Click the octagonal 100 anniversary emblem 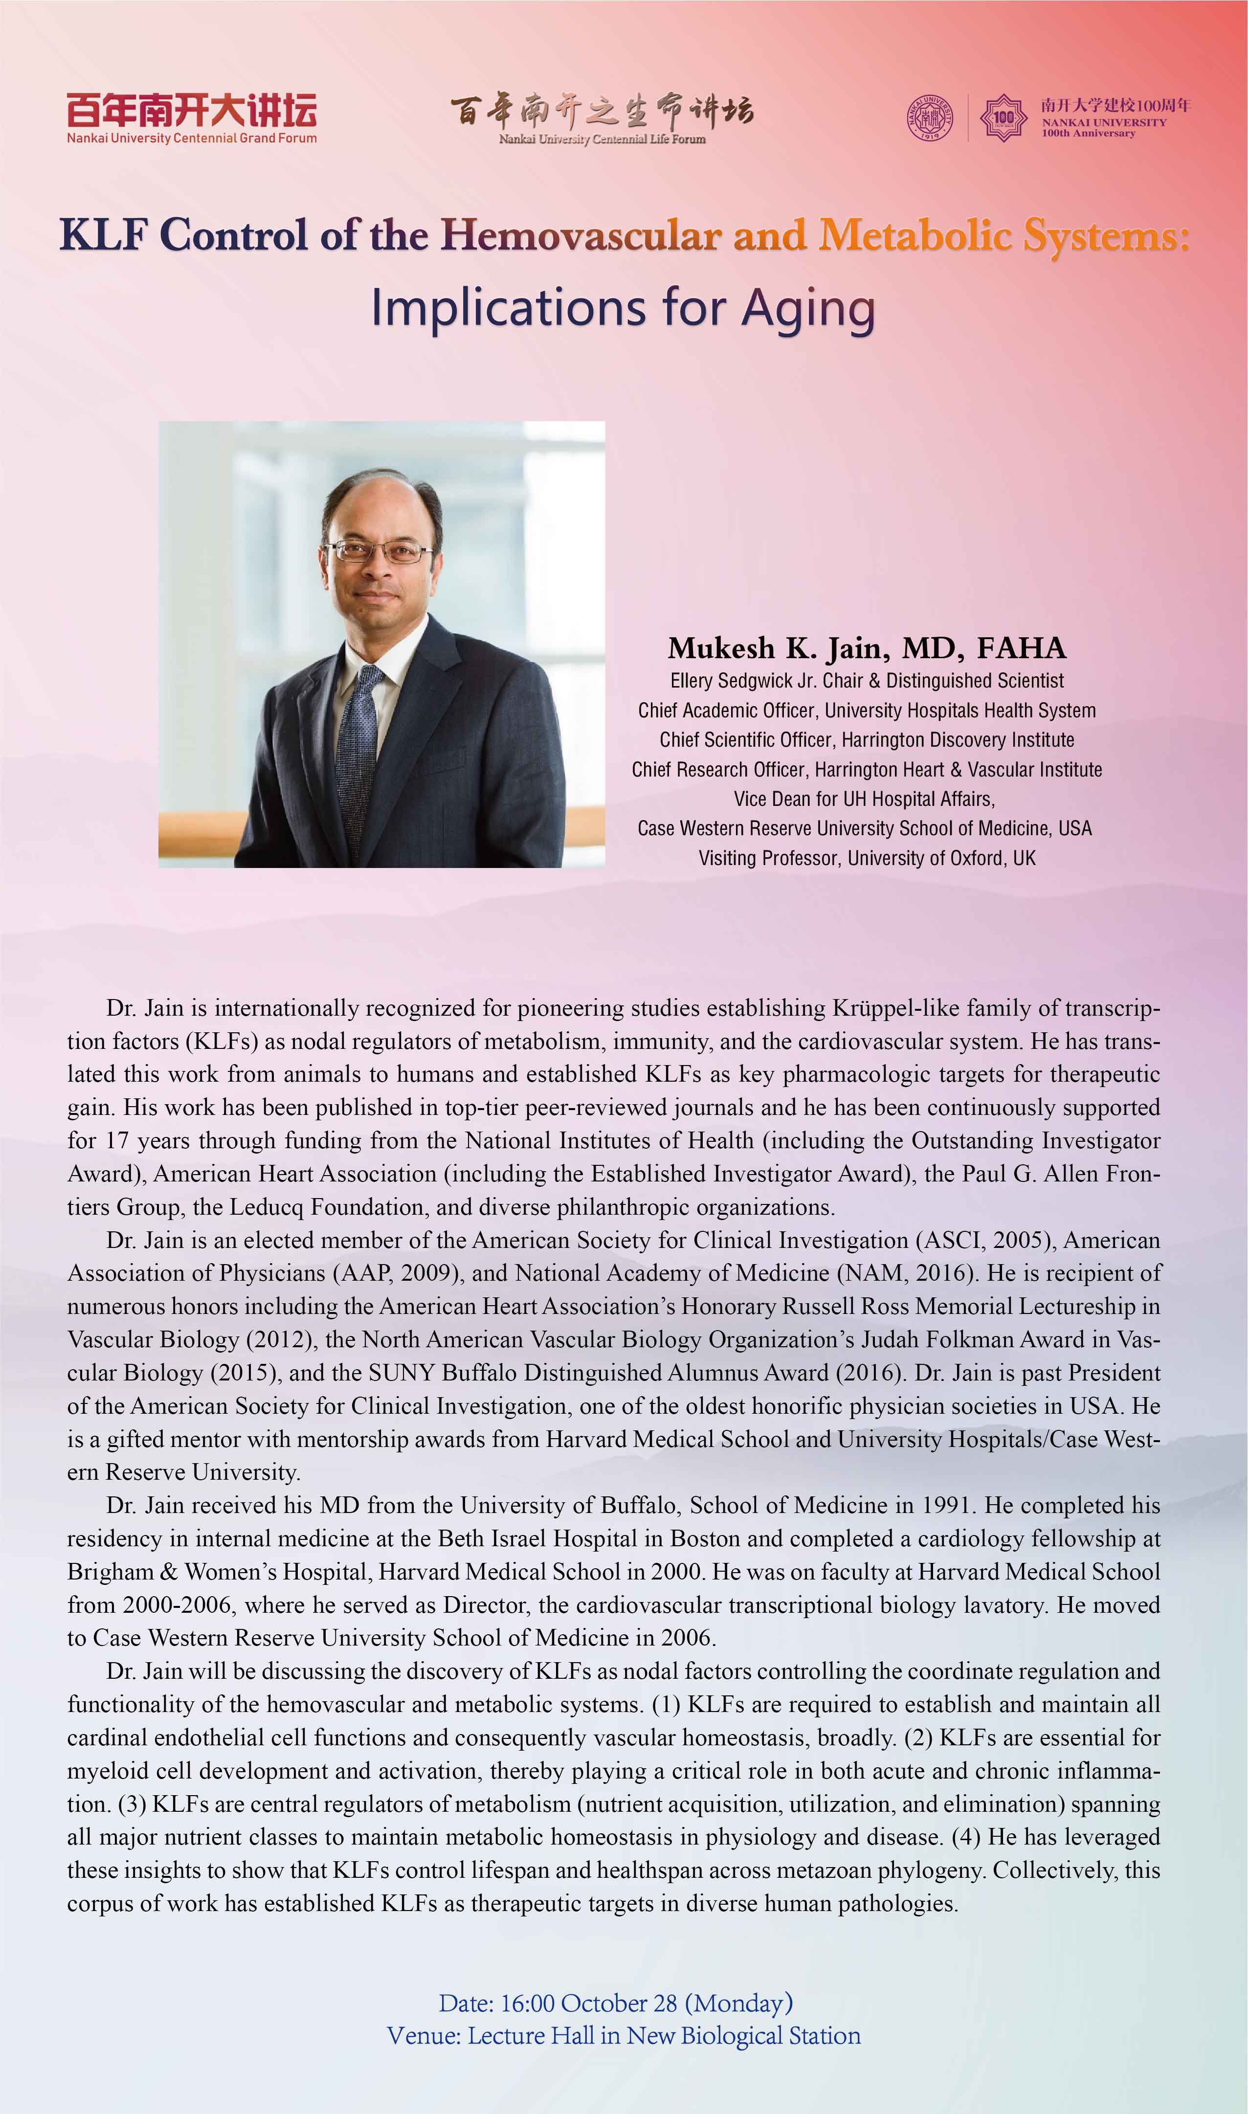tap(1003, 117)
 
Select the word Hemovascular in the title tap(581, 235)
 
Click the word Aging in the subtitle tap(808, 310)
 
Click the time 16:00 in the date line tap(527, 2003)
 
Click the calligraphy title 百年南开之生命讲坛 tap(602, 111)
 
